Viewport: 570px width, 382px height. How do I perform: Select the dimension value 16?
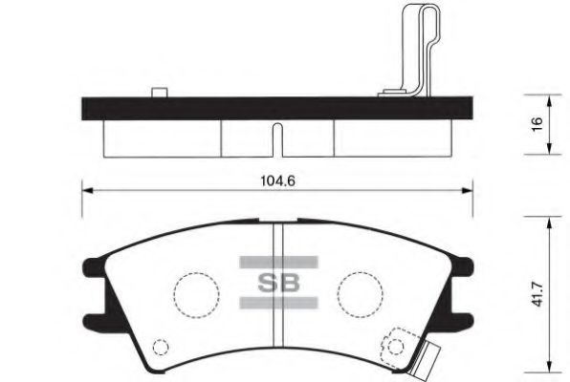pos(537,124)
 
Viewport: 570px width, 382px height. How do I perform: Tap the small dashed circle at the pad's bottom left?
pos(161,349)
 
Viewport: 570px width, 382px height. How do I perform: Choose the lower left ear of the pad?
pos(95,318)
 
